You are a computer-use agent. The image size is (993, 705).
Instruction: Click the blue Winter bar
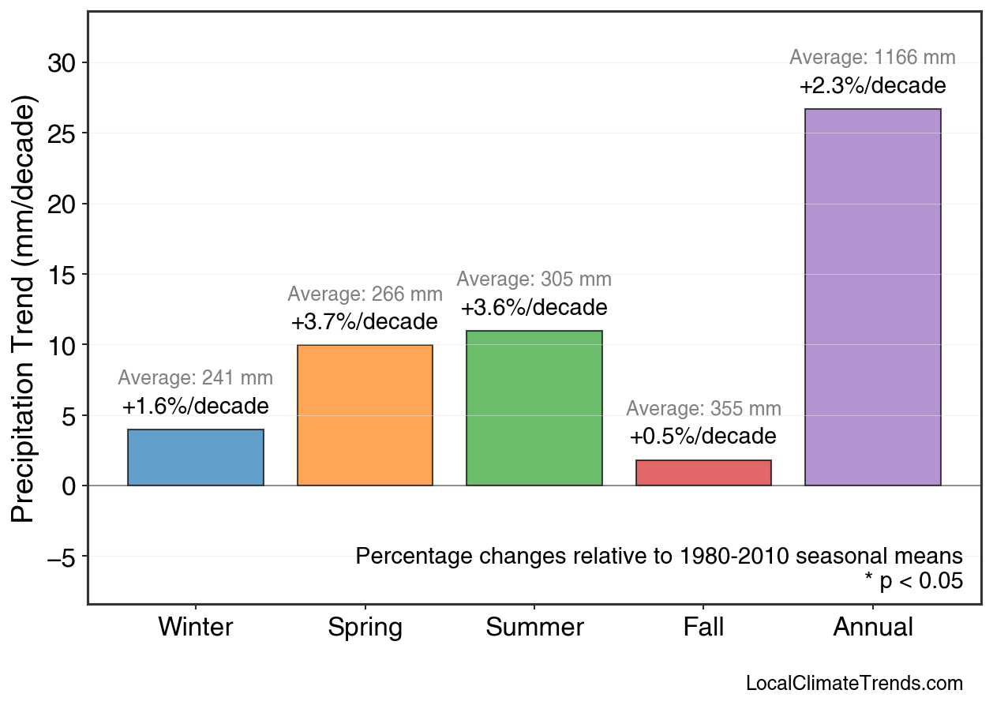pos(196,457)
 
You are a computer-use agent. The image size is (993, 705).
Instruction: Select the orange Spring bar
pos(365,415)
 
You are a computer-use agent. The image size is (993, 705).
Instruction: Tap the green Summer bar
pos(534,408)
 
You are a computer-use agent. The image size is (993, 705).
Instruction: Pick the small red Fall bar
pos(703,472)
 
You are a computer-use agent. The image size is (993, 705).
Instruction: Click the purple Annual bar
pos(872,297)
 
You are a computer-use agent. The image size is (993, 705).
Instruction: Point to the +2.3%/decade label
pos(872,85)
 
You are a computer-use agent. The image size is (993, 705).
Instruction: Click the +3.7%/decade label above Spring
pos(365,322)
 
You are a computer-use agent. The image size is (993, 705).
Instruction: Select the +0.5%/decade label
pos(703,437)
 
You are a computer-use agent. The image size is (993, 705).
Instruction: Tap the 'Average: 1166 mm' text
pos(872,58)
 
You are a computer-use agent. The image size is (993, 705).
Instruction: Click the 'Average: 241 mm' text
pos(196,378)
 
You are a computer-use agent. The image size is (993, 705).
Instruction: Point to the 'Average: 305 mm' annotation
pos(534,279)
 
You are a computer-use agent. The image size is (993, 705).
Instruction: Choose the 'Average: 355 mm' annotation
pos(703,409)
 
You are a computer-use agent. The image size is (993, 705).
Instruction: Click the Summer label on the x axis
pos(534,628)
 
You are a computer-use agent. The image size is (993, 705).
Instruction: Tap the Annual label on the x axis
pos(872,628)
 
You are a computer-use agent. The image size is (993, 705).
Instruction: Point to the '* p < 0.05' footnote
pos(913,581)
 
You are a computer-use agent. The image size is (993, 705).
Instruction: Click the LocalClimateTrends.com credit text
pos(854,684)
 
